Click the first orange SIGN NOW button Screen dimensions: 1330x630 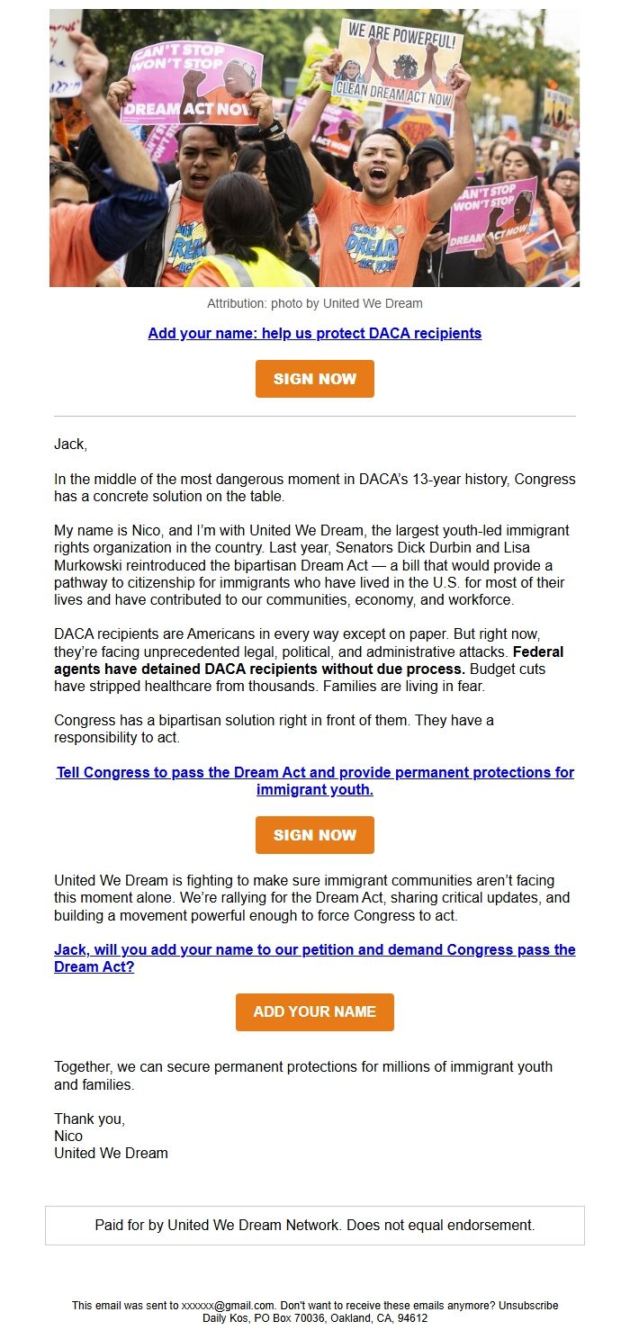pos(314,379)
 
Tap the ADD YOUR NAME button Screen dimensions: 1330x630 pos(314,1011)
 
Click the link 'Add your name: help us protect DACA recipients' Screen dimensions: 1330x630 pos(314,333)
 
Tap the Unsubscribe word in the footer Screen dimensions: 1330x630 pos(529,1305)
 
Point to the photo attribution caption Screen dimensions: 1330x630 pos(314,303)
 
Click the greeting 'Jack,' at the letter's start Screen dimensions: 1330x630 pos(70,444)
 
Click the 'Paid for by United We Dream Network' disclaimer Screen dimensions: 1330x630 pos(314,1225)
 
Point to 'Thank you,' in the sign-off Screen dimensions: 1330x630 pos(89,1119)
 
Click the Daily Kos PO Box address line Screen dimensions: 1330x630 pos(314,1317)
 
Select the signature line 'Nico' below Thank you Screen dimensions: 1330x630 pos(68,1136)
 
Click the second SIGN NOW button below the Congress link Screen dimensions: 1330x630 pos(314,835)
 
